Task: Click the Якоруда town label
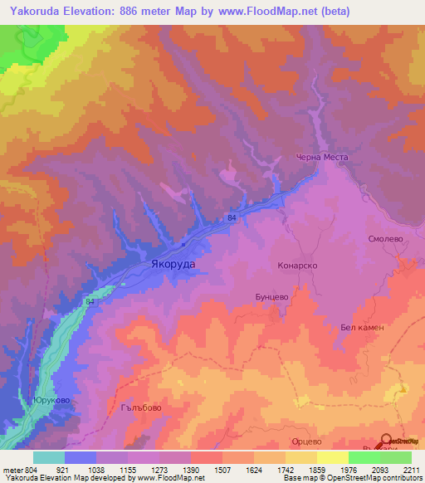173,263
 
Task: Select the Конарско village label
297,266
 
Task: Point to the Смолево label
384,238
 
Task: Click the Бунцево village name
271,295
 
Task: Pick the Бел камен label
362,328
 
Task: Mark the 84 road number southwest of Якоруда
90,303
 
